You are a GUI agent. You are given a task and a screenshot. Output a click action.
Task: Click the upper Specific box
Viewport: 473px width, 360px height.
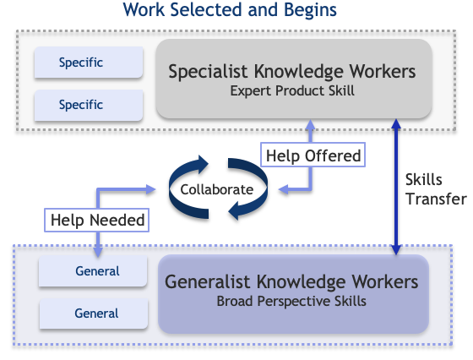click(x=89, y=63)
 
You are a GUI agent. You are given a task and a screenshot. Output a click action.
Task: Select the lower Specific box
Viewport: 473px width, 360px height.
click(x=89, y=105)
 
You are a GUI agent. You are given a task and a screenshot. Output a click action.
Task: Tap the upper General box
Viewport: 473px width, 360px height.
click(x=93, y=271)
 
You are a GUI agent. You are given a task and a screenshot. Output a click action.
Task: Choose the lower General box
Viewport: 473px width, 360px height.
click(x=94, y=314)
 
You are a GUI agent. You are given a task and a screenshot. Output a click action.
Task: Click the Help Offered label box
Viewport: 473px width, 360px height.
click(x=313, y=155)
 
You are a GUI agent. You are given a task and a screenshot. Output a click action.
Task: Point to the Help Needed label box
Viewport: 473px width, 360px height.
click(x=97, y=220)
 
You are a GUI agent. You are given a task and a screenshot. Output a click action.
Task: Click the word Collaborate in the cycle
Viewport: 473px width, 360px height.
click(x=217, y=190)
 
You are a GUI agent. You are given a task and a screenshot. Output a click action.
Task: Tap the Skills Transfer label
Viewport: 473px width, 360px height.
click(x=436, y=189)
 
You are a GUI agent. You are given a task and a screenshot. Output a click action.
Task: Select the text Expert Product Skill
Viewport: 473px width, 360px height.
click(x=292, y=90)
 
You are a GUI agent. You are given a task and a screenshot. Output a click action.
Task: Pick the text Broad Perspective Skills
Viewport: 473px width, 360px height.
click(x=291, y=301)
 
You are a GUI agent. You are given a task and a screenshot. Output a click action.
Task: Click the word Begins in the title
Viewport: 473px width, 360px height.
click(x=310, y=9)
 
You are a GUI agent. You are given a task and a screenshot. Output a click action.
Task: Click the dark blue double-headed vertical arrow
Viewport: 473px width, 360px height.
click(x=396, y=187)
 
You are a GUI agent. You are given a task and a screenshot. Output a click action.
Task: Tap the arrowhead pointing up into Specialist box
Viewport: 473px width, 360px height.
click(x=310, y=125)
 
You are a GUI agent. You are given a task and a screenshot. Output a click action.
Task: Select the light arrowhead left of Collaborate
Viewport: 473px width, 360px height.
click(x=150, y=189)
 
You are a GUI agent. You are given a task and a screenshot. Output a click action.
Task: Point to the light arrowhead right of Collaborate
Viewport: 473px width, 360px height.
click(x=284, y=190)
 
